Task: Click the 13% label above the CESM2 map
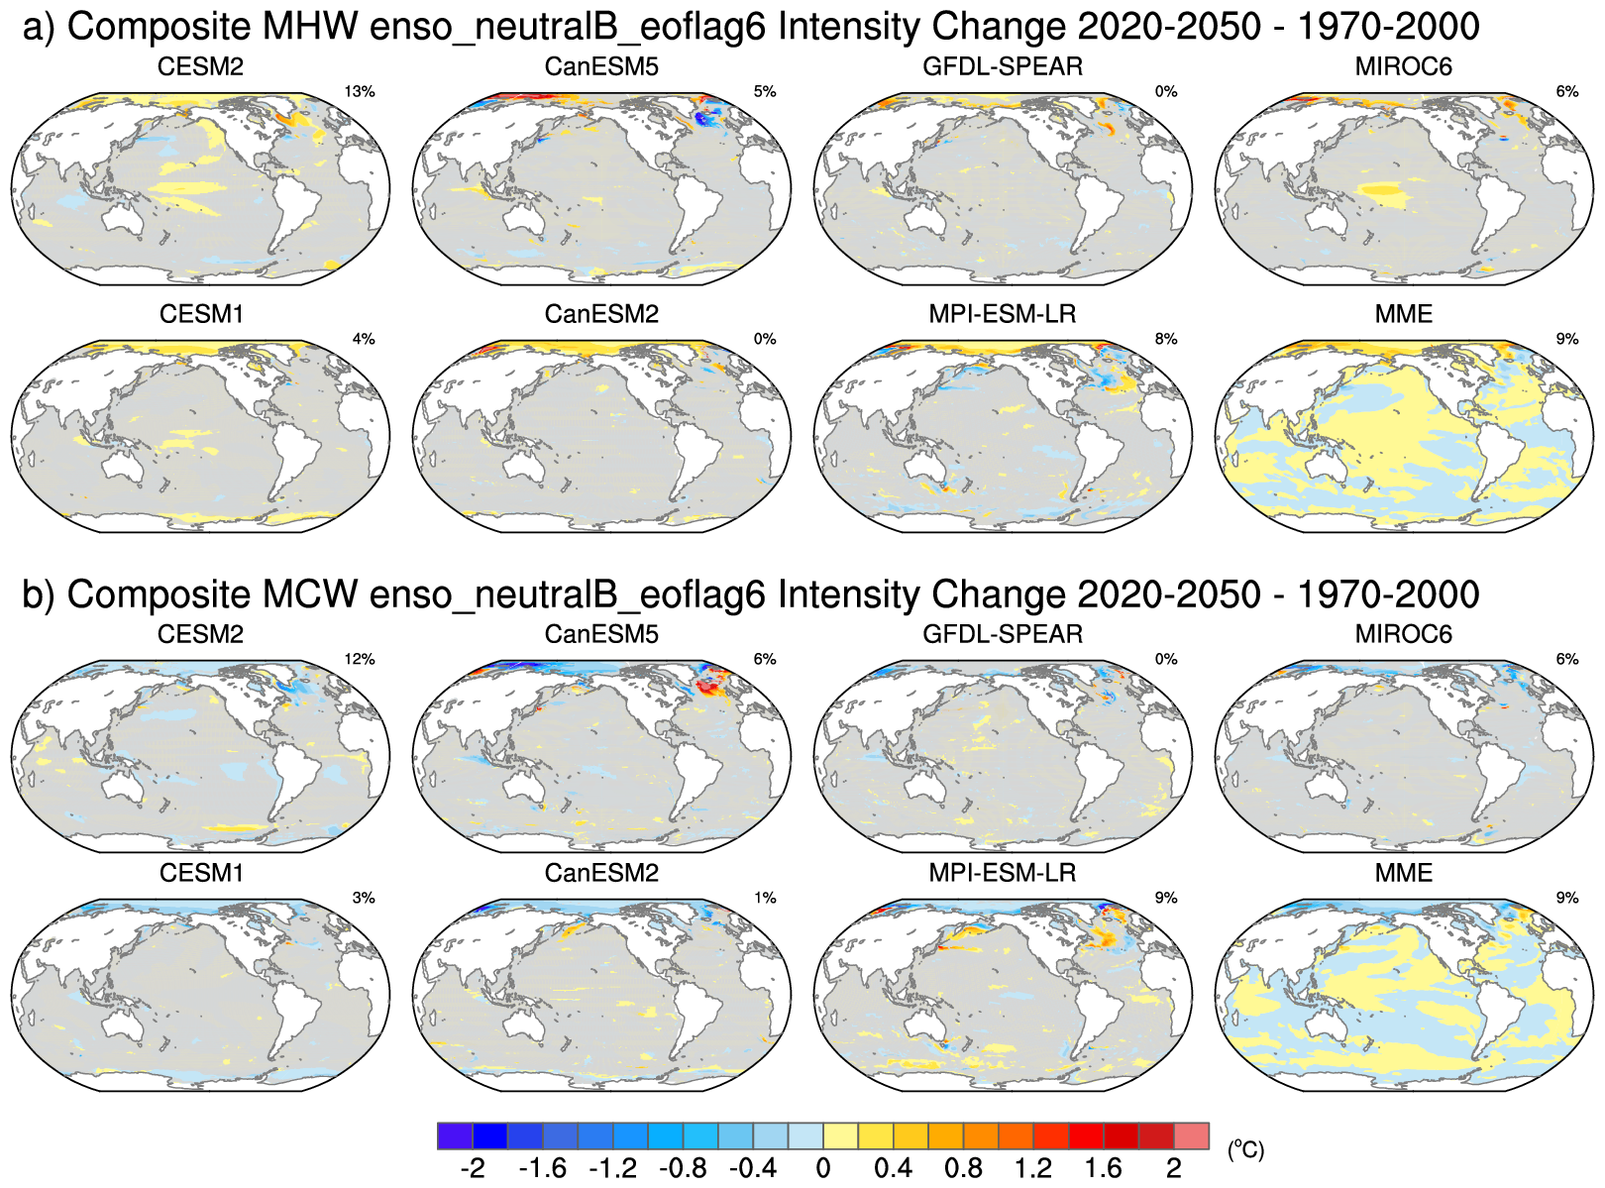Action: (360, 92)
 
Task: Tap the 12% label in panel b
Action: (360, 660)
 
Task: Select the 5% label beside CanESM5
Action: (765, 92)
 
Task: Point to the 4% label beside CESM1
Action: (364, 340)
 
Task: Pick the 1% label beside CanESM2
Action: (765, 899)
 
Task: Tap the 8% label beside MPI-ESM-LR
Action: (1166, 340)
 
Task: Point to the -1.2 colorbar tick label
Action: (612, 1169)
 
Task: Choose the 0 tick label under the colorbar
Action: (823, 1169)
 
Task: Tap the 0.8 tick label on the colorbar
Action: (963, 1169)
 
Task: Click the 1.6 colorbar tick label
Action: (1104, 1169)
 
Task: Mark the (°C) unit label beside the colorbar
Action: (1245, 1149)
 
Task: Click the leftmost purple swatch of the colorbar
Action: (455, 1136)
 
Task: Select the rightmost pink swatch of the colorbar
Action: (1192, 1136)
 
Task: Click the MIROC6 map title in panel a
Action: (1403, 67)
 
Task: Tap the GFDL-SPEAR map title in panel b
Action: (1003, 634)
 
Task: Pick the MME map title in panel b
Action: (1403, 873)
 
